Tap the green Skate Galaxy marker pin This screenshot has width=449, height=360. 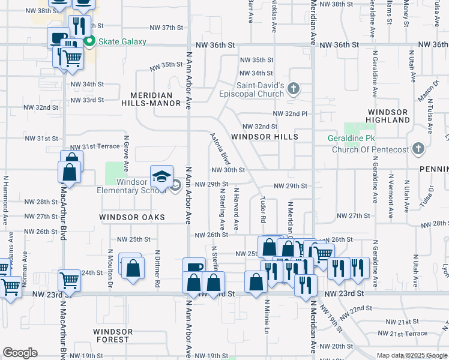click(89, 41)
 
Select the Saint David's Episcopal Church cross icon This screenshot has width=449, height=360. click(294, 89)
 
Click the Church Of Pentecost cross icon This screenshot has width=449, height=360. click(418, 148)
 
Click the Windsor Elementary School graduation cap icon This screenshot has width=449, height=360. click(161, 176)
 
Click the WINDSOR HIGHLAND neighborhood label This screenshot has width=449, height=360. click(388, 116)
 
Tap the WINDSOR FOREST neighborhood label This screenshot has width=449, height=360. click(113, 335)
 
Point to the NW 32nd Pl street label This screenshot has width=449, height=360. click(290, 113)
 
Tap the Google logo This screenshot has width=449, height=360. click(20, 353)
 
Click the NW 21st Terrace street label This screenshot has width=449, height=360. click(408, 334)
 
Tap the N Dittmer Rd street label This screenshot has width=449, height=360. click(157, 268)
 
